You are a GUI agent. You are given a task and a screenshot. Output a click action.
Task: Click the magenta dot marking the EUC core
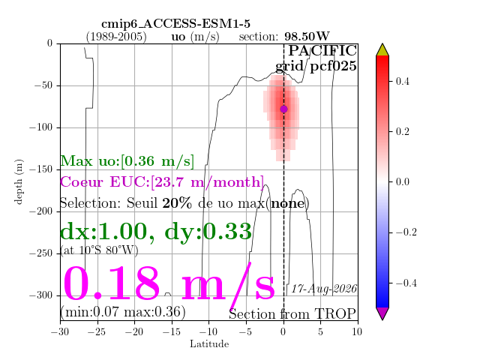tap(283, 109)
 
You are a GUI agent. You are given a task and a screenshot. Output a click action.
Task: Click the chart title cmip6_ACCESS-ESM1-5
tap(175, 23)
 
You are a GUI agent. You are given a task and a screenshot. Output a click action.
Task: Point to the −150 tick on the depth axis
tap(41, 169)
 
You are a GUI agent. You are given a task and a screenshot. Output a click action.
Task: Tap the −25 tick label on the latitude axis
tap(98, 331)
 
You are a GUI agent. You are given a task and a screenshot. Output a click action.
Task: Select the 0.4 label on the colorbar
tap(402, 81)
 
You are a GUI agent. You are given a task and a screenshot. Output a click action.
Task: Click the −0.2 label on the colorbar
tap(406, 232)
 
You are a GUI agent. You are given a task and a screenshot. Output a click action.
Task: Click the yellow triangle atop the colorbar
tap(382, 50)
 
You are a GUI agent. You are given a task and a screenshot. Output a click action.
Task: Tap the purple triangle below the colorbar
tap(382, 313)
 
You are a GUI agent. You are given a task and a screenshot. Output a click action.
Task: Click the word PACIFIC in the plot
tap(322, 51)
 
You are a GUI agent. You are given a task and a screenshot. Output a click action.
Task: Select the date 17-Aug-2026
tap(324, 289)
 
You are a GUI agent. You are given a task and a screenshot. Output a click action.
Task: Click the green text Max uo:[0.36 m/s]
tap(127, 161)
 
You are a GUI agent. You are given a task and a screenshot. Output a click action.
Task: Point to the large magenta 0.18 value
tap(112, 283)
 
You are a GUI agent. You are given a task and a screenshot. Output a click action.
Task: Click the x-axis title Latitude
tap(209, 344)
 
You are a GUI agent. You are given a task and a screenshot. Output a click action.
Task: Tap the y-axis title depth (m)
tap(18, 181)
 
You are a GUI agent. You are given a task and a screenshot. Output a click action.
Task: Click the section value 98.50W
tap(307, 37)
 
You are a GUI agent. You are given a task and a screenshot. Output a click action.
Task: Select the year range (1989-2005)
tap(116, 37)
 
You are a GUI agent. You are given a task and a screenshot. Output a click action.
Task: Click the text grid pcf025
tap(316, 66)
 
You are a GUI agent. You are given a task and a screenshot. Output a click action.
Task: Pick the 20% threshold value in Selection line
tap(177, 203)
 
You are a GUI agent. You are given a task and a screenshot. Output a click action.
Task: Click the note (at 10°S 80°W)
tap(99, 250)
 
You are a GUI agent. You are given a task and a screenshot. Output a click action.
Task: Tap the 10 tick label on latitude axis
tap(357, 331)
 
